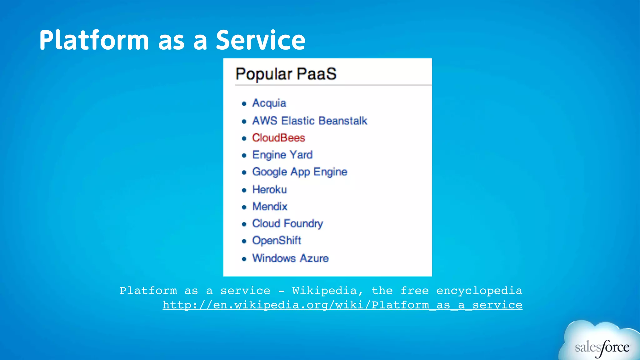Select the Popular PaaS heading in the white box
pyautogui.click(x=286, y=74)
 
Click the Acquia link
pyautogui.click(x=269, y=103)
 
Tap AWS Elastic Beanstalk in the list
pyautogui.click(x=309, y=121)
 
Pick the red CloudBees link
pyautogui.click(x=278, y=138)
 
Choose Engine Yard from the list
pyautogui.click(x=282, y=155)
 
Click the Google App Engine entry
pyautogui.click(x=300, y=172)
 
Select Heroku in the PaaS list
pyautogui.click(x=269, y=189)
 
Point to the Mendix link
pyautogui.click(x=270, y=207)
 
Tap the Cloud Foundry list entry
pyautogui.click(x=287, y=224)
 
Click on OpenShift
pyautogui.click(x=277, y=241)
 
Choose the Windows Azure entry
pyautogui.click(x=290, y=258)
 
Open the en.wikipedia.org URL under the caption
pyautogui.click(x=342, y=305)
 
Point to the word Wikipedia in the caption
pyautogui.click(x=324, y=291)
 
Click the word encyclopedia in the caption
pyautogui.click(x=479, y=291)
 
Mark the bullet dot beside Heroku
pyautogui.click(x=244, y=190)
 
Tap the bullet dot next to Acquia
pyautogui.click(x=244, y=104)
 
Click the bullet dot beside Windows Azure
pyautogui.click(x=244, y=259)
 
